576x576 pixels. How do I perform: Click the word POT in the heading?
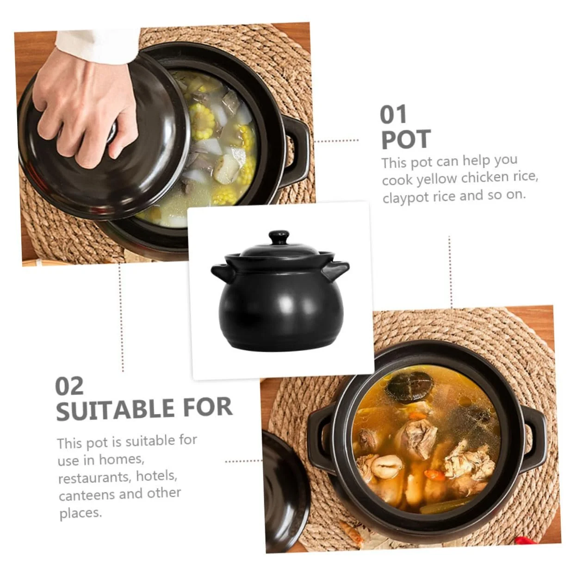point(406,139)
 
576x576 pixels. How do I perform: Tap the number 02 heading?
point(69,386)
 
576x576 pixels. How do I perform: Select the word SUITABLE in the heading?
point(114,409)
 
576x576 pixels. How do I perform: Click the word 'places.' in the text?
point(81,513)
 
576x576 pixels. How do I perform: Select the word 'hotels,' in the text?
point(157,477)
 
